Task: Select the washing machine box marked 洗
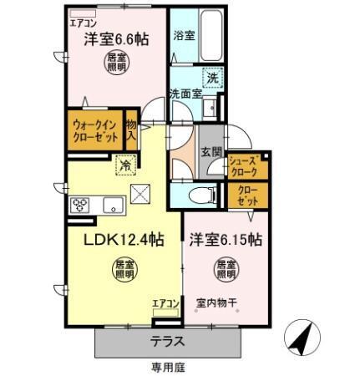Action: point(213,77)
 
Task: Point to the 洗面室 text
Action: point(185,93)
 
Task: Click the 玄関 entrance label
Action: point(211,152)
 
